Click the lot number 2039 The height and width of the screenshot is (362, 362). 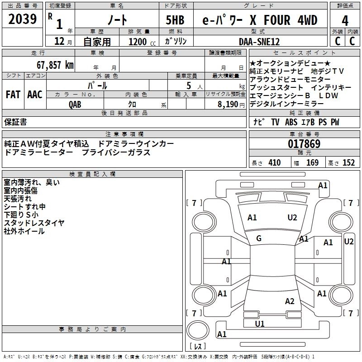pos(23,19)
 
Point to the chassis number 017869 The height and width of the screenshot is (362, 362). pos(304,144)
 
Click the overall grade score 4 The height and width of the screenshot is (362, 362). pos(345,20)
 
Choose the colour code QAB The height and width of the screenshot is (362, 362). pos(75,103)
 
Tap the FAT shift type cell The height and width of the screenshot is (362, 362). pos(13,95)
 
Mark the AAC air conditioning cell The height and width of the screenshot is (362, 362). pos(35,95)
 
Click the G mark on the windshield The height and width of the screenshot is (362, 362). pos(259,238)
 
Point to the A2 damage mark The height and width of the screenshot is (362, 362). pos(290,301)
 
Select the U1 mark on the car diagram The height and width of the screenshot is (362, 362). pos(259,324)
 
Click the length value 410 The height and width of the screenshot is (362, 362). pos(274,163)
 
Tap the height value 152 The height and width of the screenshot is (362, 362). pos(348,163)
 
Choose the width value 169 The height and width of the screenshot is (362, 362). pos(312,163)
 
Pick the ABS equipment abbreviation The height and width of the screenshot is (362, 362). pos(292,122)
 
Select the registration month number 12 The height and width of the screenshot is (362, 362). pos(59,42)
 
